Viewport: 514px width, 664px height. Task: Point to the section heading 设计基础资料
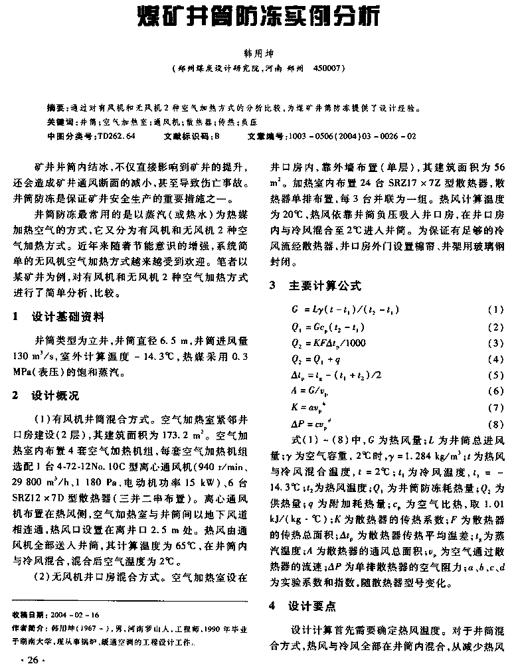pyautogui.click(x=67, y=317)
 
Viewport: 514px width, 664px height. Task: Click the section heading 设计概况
pyautogui.click(x=55, y=396)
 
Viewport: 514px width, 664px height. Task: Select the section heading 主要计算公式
pyautogui.click(x=325, y=286)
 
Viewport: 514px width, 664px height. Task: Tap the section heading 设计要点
pyautogui.click(x=312, y=606)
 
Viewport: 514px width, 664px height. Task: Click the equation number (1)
pyautogui.click(x=495, y=310)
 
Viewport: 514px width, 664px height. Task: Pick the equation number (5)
pyautogui.click(x=495, y=374)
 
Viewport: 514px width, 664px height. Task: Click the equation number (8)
pyautogui.click(x=495, y=423)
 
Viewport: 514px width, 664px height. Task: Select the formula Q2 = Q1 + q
pyautogui.click(x=315, y=359)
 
